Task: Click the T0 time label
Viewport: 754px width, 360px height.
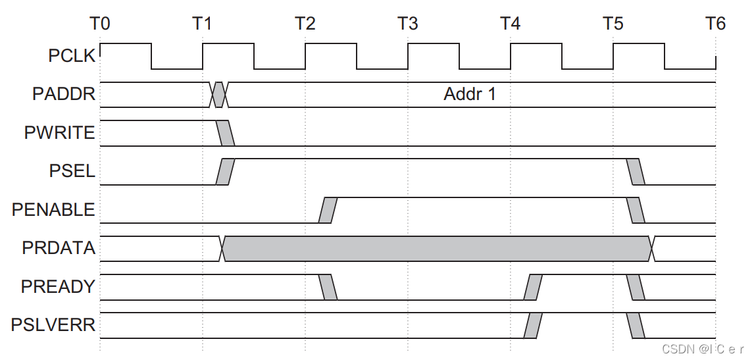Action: pyautogui.click(x=100, y=24)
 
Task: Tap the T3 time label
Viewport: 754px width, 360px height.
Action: pyautogui.click(x=408, y=24)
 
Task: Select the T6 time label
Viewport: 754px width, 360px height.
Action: pyautogui.click(x=715, y=24)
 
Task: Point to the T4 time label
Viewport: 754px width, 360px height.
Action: pyautogui.click(x=511, y=24)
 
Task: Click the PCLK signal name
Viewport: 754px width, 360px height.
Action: pyautogui.click(x=72, y=56)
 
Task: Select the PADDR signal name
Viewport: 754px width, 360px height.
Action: pyautogui.click(x=64, y=95)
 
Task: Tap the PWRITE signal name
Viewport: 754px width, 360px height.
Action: pyautogui.click(x=60, y=133)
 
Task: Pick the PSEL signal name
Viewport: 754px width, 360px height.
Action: pyautogui.click(x=72, y=172)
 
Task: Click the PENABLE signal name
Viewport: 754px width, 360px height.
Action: pyautogui.click(x=53, y=210)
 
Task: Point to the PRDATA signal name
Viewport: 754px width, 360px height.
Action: pyautogui.click(x=59, y=249)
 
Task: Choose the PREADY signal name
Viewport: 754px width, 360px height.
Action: pyautogui.click(x=58, y=287)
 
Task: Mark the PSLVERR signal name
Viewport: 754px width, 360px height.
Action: pyautogui.click(x=53, y=325)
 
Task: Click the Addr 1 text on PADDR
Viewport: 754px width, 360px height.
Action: pyautogui.click(x=470, y=94)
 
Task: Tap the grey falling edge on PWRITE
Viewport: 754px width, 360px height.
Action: pyautogui.click(x=225, y=133)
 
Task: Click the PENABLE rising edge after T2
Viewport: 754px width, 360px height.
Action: pyautogui.click(x=328, y=210)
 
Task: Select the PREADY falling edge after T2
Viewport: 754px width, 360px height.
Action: pyautogui.click(x=328, y=287)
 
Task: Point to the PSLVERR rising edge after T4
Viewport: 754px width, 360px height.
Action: pyautogui.click(x=533, y=325)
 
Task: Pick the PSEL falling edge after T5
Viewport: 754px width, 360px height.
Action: pyautogui.click(x=636, y=172)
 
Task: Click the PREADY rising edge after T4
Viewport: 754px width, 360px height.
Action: pyautogui.click(x=533, y=287)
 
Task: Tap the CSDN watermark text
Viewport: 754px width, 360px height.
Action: pyautogui.click(x=701, y=348)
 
